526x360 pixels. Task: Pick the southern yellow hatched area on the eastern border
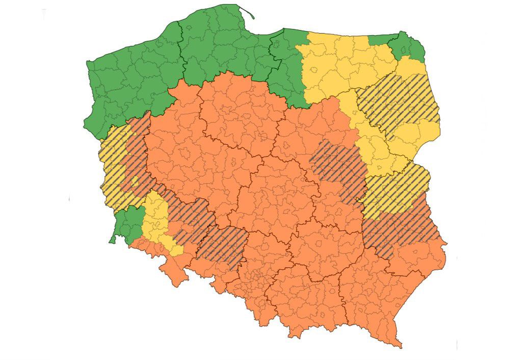click(398, 189)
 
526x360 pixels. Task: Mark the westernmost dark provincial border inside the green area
click(181, 51)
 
